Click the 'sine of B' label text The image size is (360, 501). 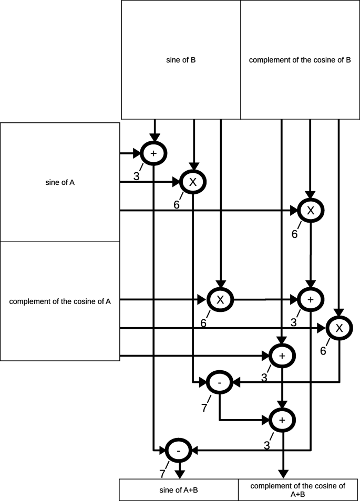tap(181, 60)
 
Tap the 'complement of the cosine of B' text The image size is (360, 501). tap(300, 60)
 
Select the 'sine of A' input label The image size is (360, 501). tap(60, 183)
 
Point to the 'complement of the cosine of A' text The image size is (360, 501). tap(60, 301)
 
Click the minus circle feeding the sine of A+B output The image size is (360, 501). tap(179, 450)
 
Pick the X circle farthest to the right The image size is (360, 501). tap(339, 329)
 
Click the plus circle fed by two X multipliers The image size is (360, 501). tap(311, 299)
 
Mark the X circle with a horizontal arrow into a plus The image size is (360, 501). tap(220, 299)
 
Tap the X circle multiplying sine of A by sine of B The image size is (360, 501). tap(192, 182)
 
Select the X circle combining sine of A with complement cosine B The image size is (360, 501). tap(311, 210)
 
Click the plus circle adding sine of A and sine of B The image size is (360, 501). tap(153, 153)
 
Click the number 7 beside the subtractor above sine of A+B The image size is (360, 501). tap(162, 474)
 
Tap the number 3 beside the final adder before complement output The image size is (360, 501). tap(266, 446)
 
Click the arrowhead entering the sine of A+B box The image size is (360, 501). tap(179, 474)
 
